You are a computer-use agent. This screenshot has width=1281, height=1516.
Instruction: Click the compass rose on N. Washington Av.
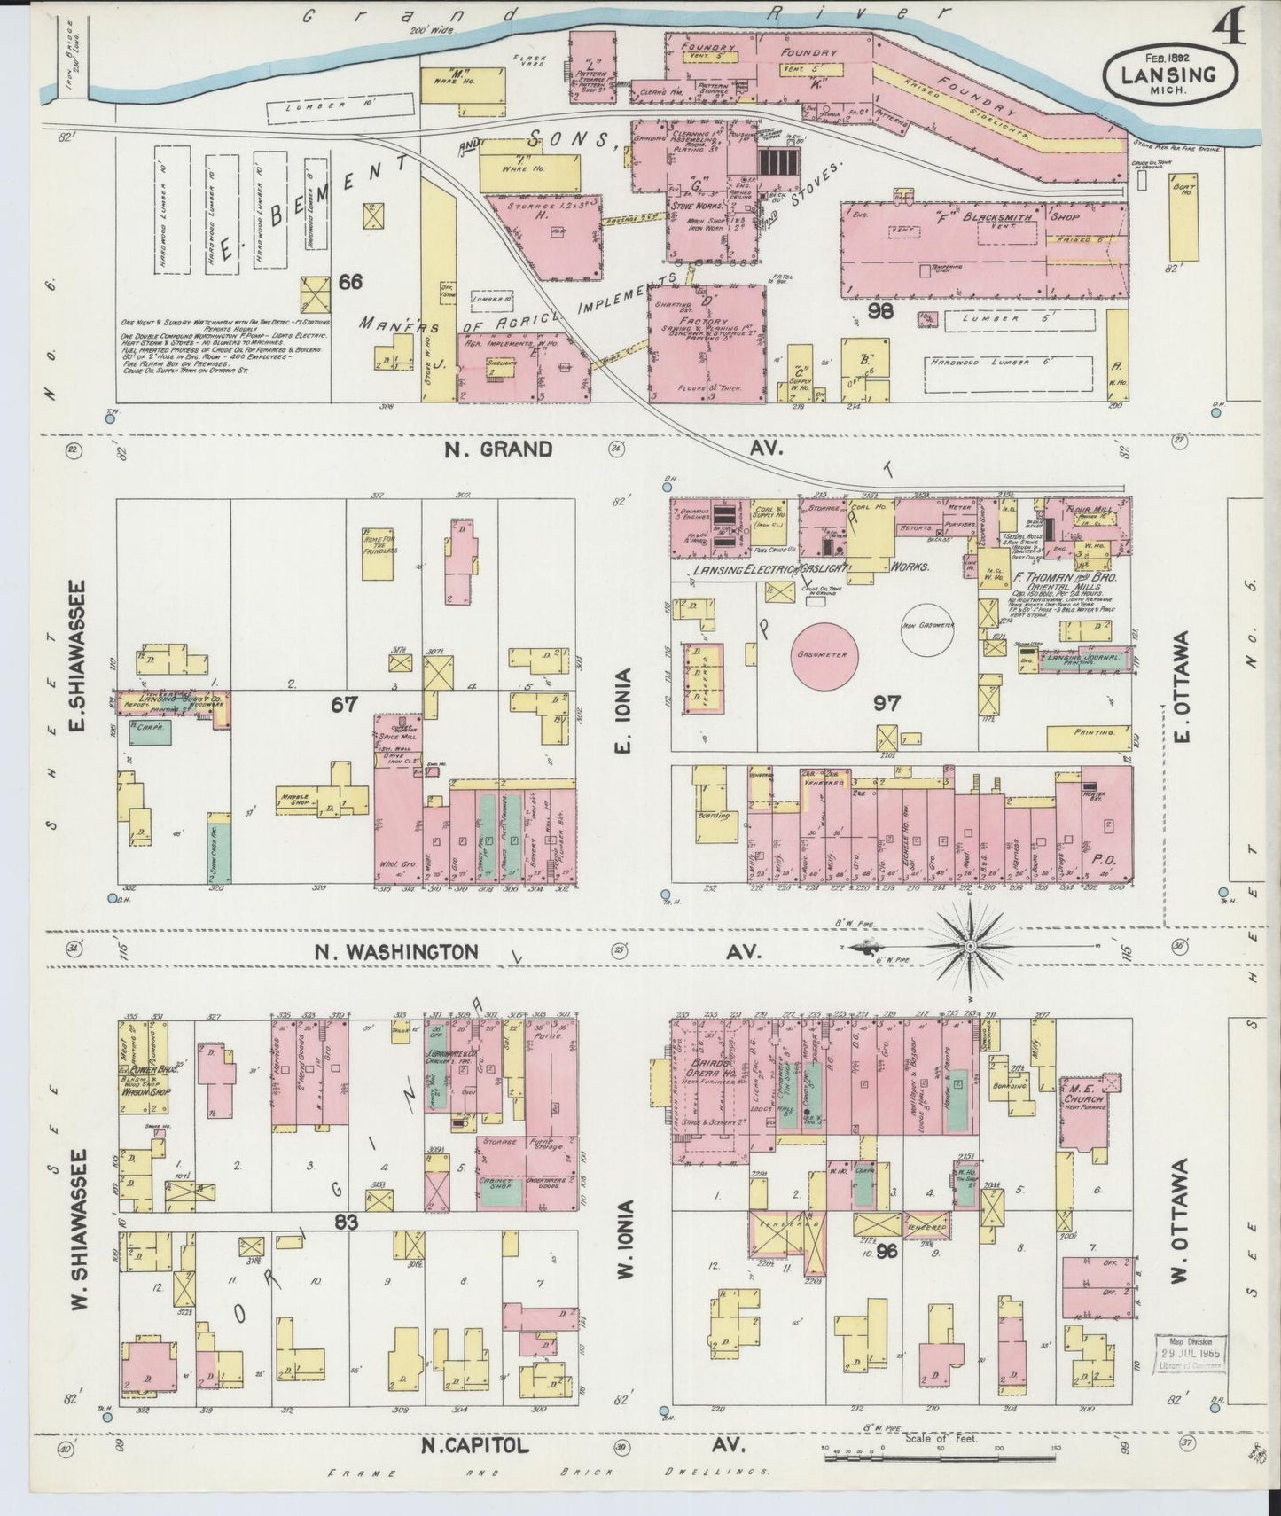click(972, 947)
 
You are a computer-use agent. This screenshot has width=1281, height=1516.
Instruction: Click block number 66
click(350, 282)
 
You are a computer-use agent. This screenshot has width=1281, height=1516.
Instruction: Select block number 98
click(881, 311)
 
